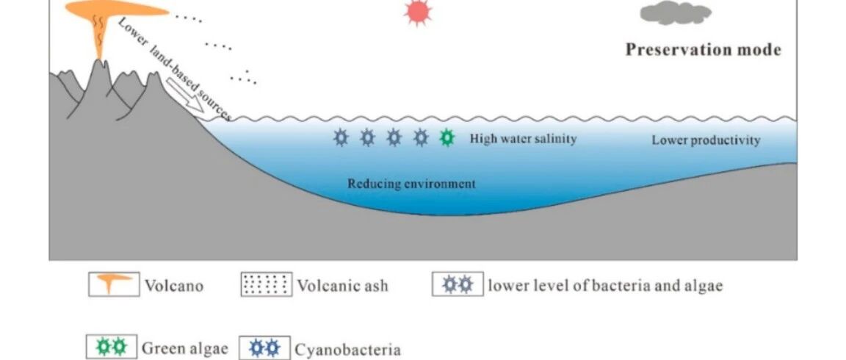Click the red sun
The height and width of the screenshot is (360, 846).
(x=419, y=12)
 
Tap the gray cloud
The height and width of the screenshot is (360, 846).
(x=676, y=12)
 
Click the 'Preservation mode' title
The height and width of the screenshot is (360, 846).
(x=703, y=50)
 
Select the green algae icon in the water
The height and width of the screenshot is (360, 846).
(x=446, y=137)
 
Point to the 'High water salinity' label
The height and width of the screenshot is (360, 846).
(x=523, y=138)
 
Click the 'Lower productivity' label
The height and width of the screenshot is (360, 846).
(x=706, y=140)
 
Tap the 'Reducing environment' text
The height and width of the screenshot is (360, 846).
(x=411, y=184)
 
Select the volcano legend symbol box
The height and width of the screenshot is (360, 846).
(x=114, y=284)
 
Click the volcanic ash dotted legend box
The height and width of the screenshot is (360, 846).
(x=266, y=284)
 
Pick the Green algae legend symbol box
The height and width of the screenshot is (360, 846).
(x=111, y=347)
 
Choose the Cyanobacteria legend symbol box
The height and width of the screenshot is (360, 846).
(x=264, y=347)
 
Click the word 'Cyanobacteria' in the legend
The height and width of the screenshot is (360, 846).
(x=347, y=349)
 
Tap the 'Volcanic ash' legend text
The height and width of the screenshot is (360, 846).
(x=342, y=285)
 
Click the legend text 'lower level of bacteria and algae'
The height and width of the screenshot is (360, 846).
(x=605, y=285)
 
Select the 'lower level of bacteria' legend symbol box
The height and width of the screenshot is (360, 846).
(x=458, y=284)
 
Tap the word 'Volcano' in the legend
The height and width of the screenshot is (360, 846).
(x=173, y=285)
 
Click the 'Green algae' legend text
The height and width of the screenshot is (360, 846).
(x=184, y=348)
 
